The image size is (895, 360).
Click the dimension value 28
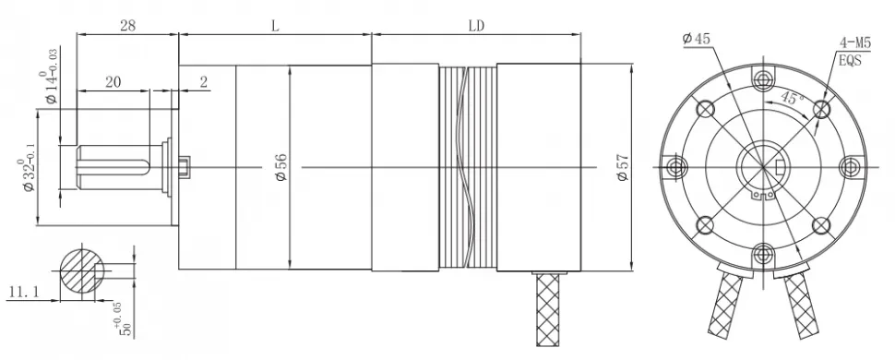click(128, 26)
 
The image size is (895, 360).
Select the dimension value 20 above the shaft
click(113, 82)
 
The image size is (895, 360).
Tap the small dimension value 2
click(203, 82)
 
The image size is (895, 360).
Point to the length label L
click(275, 26)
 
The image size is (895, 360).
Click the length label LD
click(476, 26)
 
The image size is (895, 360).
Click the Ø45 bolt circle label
click(696, 39)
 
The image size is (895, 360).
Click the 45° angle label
click(789, 98)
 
